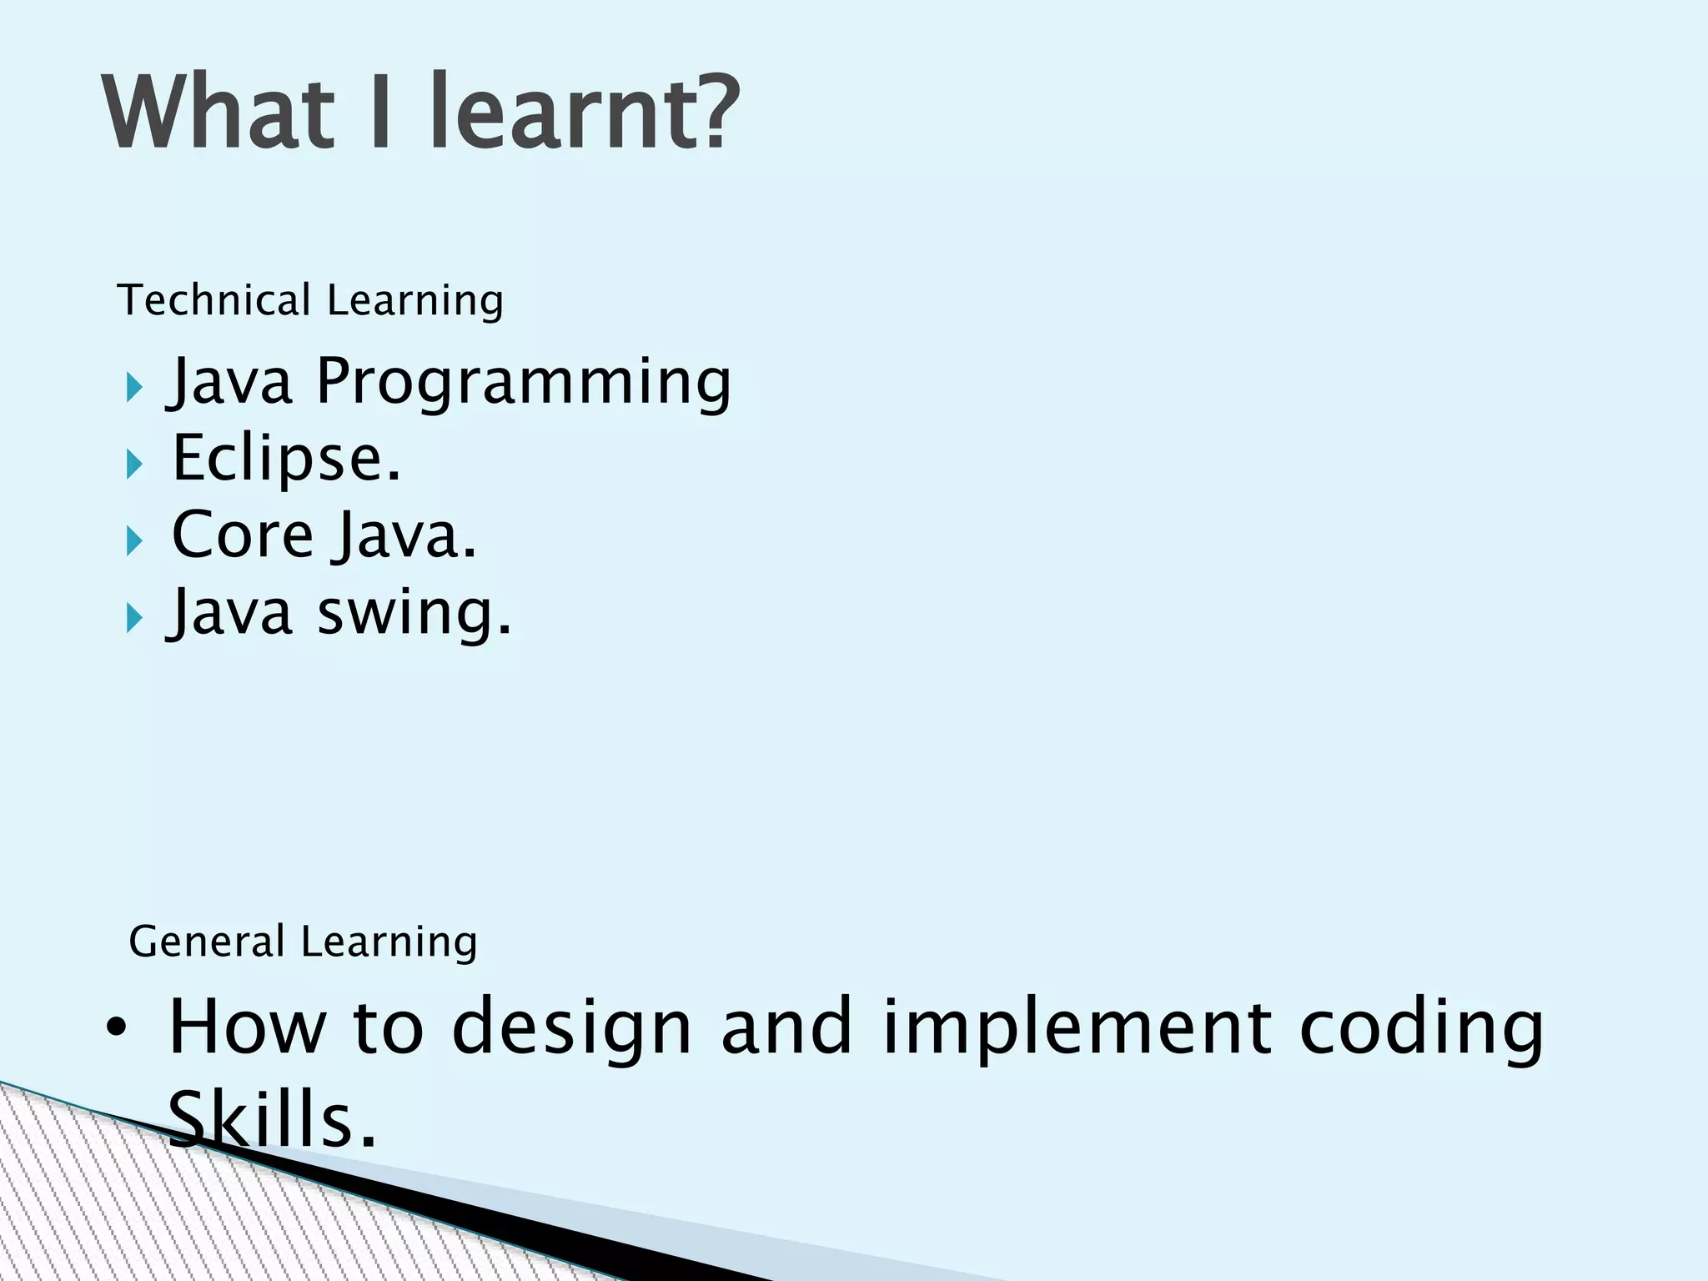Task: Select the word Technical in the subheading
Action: [x=214, y=300]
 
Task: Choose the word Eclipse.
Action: [x=286, y=459]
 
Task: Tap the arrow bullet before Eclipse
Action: [x=134, y=465]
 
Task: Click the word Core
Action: [x=243, y=535]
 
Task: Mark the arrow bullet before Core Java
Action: [x=134, y=541]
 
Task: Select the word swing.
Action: [x=414, y=613]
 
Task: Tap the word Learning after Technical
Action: [x=415, y=302]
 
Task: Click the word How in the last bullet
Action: [x=247, y=1027]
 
